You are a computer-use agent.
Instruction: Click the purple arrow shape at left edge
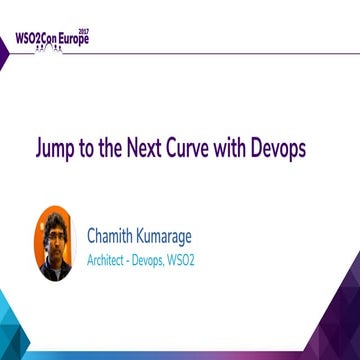(x=5, y=55)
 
